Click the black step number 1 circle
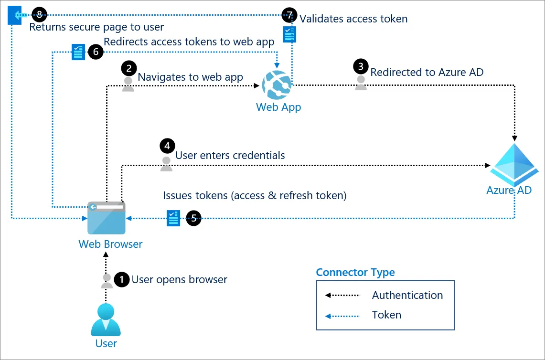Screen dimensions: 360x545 pyautogui.click(x=123, y=279)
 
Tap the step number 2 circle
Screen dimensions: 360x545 pyautogui.click(x=128, y=68)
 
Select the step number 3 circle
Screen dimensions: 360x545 pyautogui.click(x=361, y=66)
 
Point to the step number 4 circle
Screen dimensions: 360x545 pyautogui.click(x=167, y=146)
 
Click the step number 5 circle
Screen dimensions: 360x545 pyautogui.click(x=193, y=218)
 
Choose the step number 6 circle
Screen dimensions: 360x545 pyautogui.click(x=96, y=52)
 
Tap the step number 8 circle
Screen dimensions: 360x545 pyautogui.click(x=39, y=15)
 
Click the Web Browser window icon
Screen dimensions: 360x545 pyautogui.click(x=107, y=218)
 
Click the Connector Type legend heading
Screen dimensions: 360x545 pyautogui.click(x=355, y=272)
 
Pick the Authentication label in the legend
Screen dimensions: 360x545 pyautogui.click(x=407, y=295)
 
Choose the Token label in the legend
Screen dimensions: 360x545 pyautogui.click(x=386, y=315)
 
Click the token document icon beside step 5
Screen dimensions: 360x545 pyautogui.click(x=173, y=218)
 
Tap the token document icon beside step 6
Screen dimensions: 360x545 pyautogui.click(x=78, y=52)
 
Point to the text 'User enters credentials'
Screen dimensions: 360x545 pyautogui.click(x=230, y=155)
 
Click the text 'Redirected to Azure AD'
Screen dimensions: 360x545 pyautogui.click(x=427, y=72)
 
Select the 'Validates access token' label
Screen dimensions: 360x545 pyautogui.click(x=353, y=19)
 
